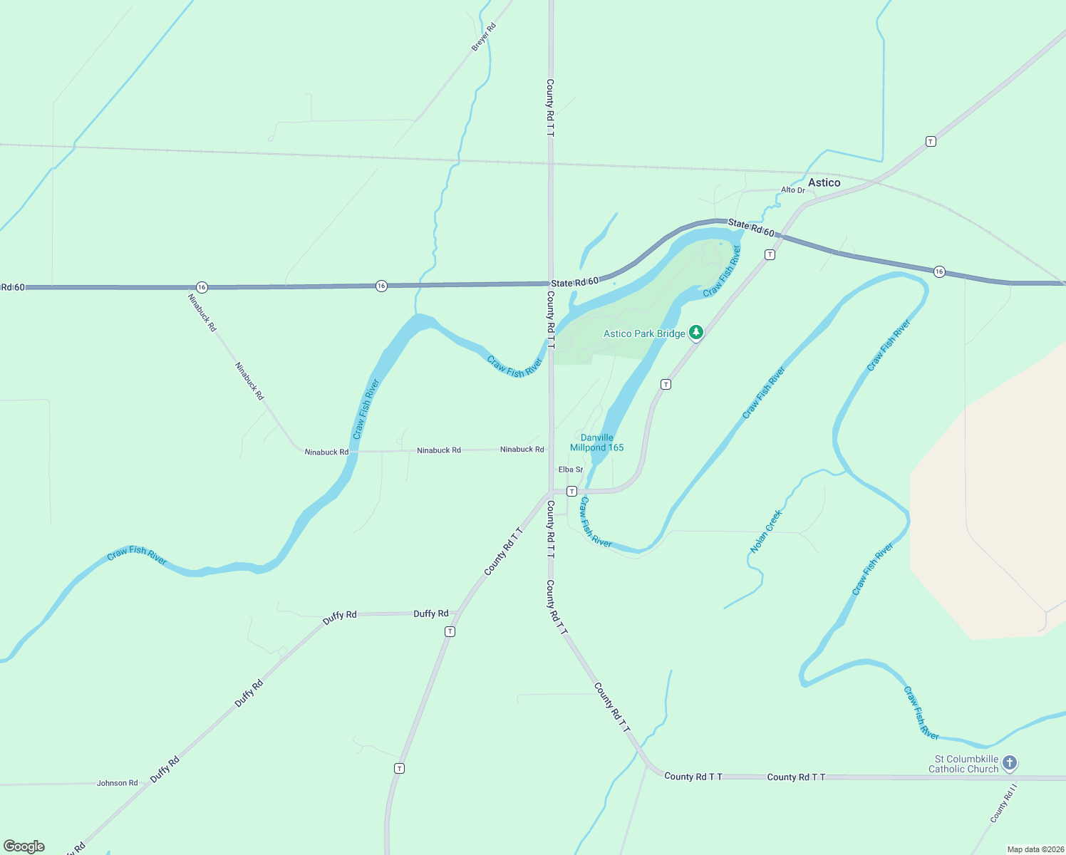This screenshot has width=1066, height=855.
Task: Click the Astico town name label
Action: (824, 183)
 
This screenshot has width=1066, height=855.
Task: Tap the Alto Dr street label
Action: (792, 190)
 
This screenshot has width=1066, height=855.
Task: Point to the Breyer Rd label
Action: (483, 37)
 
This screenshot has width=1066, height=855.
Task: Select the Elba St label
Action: (571, 470)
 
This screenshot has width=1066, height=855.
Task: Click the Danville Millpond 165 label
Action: (597, 442)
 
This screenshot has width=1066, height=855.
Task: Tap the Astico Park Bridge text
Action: (644, 333)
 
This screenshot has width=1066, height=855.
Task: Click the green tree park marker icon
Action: (696, 333)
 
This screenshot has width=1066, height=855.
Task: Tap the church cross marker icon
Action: (1010, 764)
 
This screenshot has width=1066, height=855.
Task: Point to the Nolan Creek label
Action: (767, 531)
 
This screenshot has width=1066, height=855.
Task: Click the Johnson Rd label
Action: (118, 783)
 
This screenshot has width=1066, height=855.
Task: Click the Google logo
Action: (24, 846)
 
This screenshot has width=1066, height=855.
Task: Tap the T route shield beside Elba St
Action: (571, 492)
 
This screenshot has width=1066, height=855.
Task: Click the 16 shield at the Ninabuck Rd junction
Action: (202, 287)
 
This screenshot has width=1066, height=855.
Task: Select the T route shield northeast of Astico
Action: (931, 141)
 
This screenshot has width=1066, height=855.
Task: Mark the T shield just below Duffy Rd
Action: (450, 631)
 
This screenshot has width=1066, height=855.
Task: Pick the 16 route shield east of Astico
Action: (939, 271)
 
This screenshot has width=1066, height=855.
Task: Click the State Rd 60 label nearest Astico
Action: (751, 228)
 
